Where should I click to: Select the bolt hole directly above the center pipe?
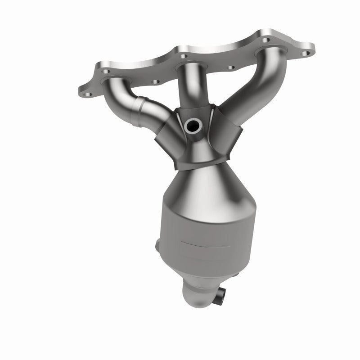pos(183,56)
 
